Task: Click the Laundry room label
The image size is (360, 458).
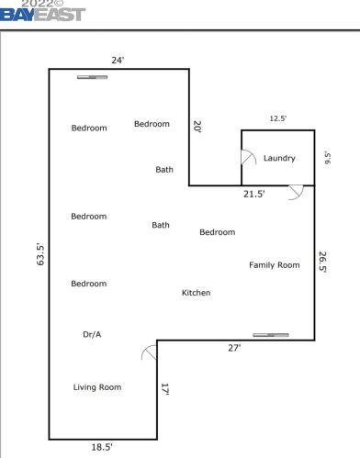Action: point(279,158)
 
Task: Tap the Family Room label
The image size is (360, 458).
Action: point(275,265)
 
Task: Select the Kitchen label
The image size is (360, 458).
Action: point(196,293)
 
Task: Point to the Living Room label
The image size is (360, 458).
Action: point(97,387)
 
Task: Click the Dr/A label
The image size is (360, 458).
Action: point(92,334)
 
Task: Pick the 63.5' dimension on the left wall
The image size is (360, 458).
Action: point(40,254)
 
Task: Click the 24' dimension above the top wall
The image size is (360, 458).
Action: point(118,61)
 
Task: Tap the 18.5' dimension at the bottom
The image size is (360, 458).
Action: point(102,447)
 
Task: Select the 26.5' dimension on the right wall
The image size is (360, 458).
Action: point(322,262)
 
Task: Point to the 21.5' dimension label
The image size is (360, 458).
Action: point(254,194)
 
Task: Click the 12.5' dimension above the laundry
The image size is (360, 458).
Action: point(278,118)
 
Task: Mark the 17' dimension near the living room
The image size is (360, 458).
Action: point(165,389)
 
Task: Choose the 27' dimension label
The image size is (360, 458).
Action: point(234,348)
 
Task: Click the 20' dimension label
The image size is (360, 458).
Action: point(197,127)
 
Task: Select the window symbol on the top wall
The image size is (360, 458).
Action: point(92,77)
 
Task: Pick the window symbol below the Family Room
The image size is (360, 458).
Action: point(271,335)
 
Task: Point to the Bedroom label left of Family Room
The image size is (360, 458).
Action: point(218,232)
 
